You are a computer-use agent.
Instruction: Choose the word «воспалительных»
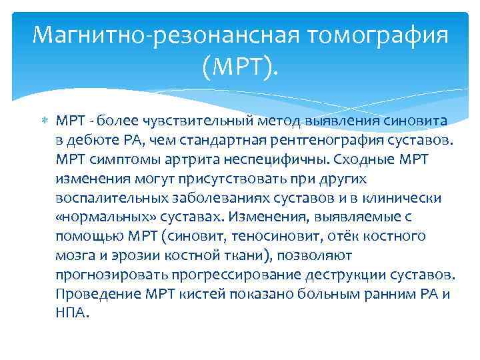[x=106, y=198]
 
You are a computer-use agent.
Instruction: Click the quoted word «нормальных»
[x=101, y=217]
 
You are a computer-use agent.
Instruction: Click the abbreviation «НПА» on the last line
[x=70, y=313]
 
